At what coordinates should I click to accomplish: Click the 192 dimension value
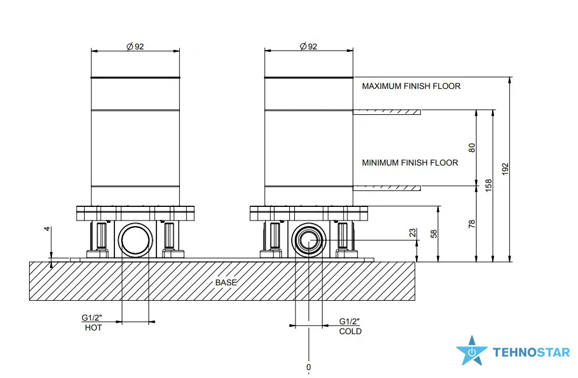coord(505,169)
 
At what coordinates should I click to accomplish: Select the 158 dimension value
coord(488,185)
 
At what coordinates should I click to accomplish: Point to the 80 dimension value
coord(472,148)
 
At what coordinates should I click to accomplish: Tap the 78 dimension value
coord(472,224)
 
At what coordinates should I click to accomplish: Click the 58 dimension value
coord(434,233)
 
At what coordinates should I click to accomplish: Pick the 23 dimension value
coord(412,233)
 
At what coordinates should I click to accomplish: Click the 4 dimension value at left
coord(47,229)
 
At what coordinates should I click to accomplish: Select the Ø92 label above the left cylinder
coord(135,47)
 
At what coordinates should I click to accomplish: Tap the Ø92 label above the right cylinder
coord(308,46)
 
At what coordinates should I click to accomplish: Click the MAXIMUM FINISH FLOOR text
coord(411,86)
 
